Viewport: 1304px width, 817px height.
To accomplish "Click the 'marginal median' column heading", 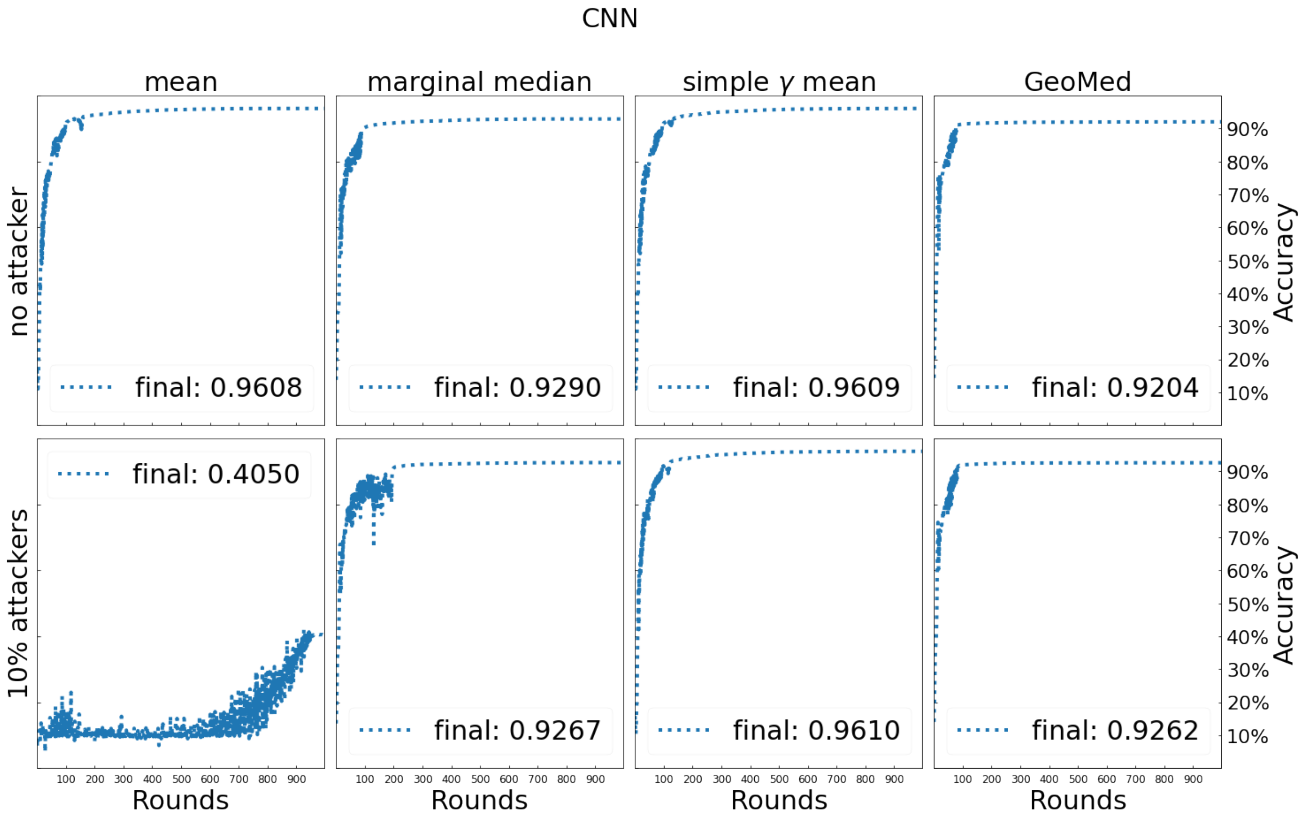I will coord(479,82).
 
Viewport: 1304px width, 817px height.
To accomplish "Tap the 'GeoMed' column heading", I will coord(1077,82).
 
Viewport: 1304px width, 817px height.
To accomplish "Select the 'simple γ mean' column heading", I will coord(778,82).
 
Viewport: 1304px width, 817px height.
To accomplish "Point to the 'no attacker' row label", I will coord(19,262).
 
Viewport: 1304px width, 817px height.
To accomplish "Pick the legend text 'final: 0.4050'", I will coord(216,474).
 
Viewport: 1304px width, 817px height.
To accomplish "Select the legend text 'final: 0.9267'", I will coord(517,730).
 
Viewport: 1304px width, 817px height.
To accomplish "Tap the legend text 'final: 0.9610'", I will coord(816,730).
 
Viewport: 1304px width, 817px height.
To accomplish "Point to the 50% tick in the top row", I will coord(1247,262).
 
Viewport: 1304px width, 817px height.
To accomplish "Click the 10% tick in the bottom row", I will coord(1247,736).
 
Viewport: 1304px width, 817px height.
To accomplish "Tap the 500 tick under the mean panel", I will coord(181,779).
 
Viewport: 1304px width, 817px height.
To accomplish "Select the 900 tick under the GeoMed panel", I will coord(1193,779).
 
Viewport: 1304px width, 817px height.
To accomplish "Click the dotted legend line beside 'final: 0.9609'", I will coord(684,387).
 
